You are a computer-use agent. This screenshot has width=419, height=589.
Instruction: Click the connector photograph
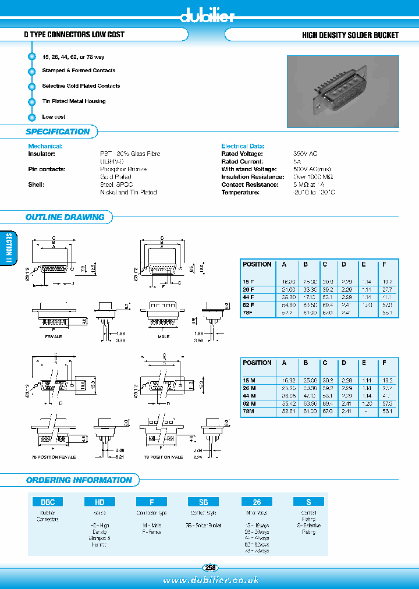(343, 91)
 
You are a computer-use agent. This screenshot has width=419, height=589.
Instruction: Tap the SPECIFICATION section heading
(58, 132)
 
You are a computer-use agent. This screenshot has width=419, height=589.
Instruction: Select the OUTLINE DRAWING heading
(65, 217)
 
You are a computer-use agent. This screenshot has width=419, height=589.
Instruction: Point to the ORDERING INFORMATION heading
(79, 480)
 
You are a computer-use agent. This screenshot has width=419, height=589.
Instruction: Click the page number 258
(210, 567)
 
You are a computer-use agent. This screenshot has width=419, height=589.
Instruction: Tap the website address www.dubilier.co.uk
(210, 580)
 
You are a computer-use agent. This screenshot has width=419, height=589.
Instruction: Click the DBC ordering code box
(47, 502)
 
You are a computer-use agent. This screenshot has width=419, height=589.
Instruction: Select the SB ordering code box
(203, 502)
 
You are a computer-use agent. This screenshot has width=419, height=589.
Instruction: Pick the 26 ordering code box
(257, 502)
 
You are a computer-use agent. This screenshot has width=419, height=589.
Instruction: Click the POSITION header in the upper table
(257, 264)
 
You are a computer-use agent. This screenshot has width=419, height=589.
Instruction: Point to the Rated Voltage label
(242, 154)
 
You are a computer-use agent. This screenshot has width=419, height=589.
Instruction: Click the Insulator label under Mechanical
(41, 154)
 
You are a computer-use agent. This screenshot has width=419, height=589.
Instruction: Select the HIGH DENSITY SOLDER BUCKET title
(350, 35)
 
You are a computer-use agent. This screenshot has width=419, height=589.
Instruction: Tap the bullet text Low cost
(54, 117)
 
